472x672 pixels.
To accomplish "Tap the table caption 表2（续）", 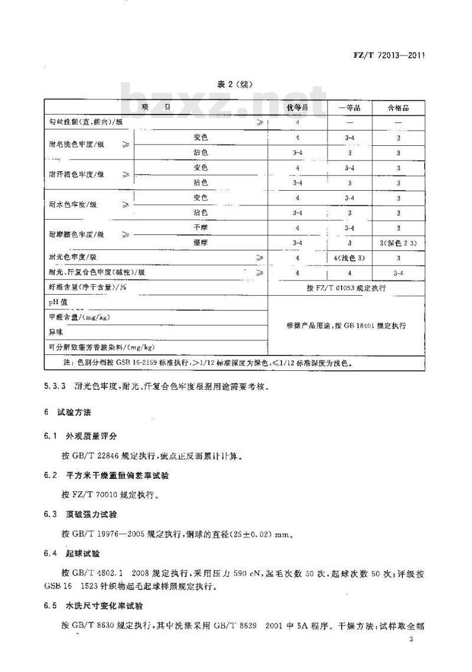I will click(236, 84).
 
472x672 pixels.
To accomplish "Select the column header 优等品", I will click(297, 108).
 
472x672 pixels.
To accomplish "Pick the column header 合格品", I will click(398, 108).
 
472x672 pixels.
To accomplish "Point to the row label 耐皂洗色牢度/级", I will click(77, 145).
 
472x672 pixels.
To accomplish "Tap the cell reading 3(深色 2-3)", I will click(398, 242).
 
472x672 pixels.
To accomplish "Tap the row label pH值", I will click(60, 302).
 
